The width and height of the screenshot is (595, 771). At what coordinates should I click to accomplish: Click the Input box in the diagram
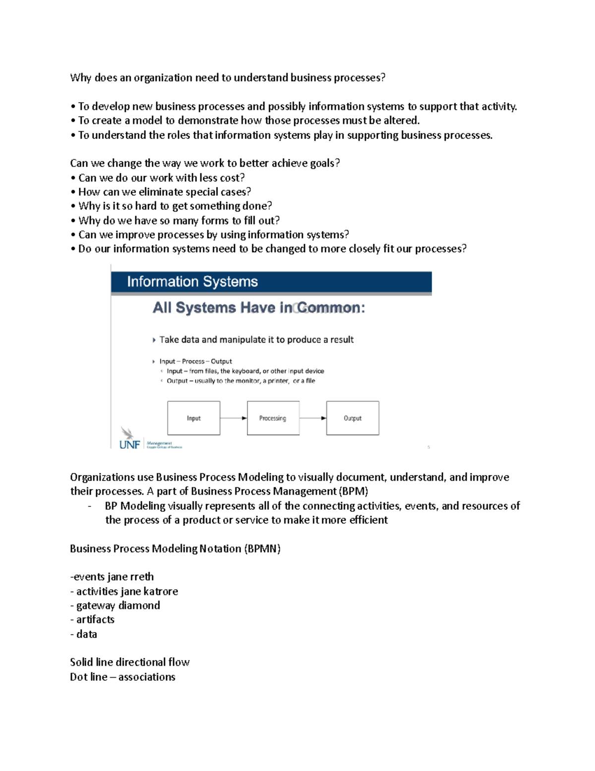[193, 418]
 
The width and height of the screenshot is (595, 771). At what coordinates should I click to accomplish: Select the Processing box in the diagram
[273, 418]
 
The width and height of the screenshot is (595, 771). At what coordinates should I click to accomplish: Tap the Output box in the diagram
[353, 418]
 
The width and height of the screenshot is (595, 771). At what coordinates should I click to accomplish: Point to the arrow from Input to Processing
[234, 418]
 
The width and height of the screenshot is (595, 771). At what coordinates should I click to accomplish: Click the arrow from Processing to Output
[313, 418]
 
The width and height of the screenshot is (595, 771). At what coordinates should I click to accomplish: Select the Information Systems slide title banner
[271, 281]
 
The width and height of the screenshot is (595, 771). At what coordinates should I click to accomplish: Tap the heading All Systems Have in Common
[258, 308]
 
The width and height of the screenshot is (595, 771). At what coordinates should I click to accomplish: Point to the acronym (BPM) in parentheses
[354, 491]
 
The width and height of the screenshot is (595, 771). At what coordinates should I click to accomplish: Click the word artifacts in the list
[95, 620]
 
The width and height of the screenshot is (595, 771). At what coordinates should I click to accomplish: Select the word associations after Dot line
[147, 677]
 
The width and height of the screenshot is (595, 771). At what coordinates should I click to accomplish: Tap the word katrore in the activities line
[161, 591]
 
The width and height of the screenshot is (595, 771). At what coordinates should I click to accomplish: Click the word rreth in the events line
[142, 577]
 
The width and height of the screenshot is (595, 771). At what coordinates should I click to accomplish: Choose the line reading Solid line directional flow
[129, 662]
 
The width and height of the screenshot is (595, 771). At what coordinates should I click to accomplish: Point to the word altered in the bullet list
[401, 121]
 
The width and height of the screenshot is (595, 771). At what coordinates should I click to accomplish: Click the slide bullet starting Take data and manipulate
[256, 340]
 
